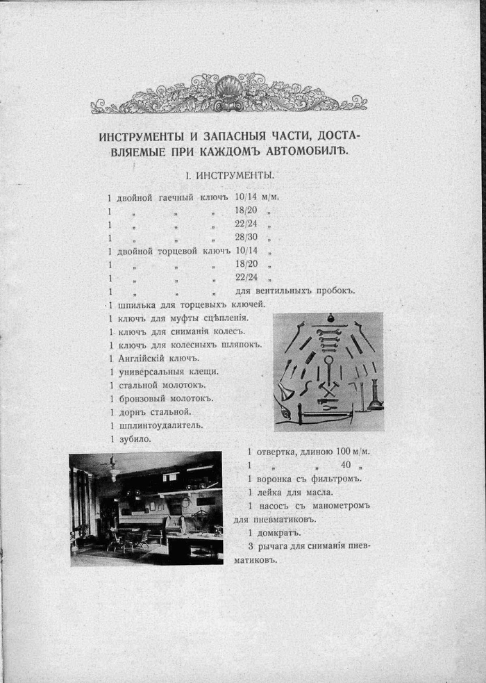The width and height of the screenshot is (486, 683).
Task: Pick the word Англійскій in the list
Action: [x=143, y=359]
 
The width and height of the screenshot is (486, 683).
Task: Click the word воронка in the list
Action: [x=278, y=479]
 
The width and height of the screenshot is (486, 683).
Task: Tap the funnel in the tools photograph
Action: [x=285, y=393]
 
